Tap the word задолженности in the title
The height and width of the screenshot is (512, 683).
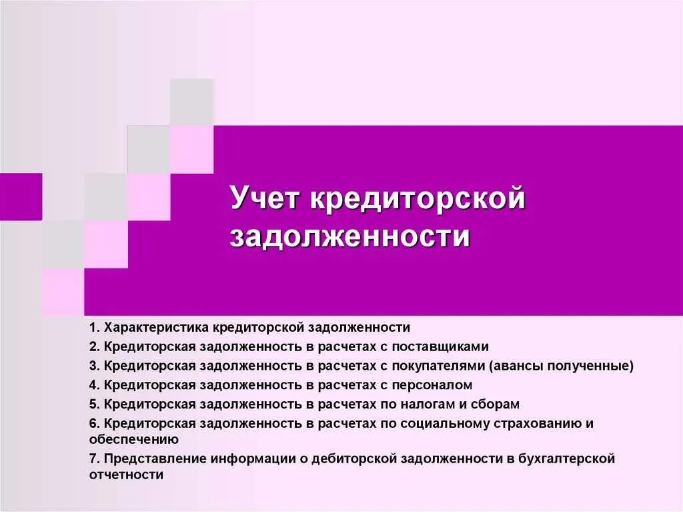pos(350,237)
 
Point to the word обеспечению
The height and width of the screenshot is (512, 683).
pos(124,439)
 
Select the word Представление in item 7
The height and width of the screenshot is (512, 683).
pos(155,459)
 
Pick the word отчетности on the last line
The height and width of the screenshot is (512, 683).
pos(126,475)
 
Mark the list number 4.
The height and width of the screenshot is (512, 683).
pos(93,385)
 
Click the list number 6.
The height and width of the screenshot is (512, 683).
pos(93,424)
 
